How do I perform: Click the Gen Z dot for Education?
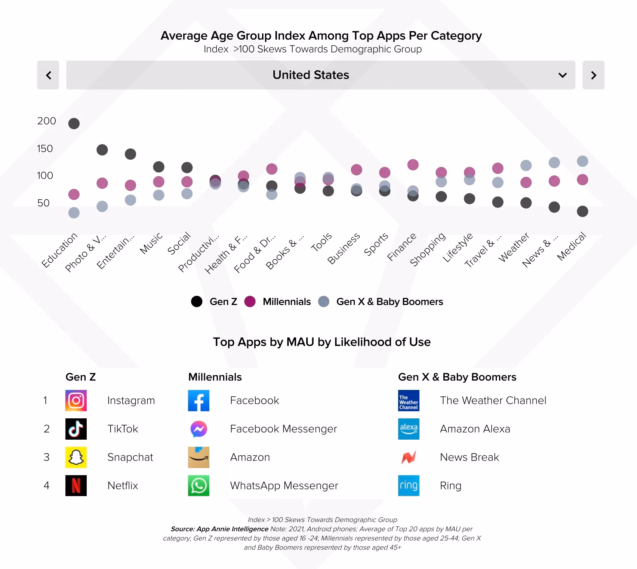pos(74,123)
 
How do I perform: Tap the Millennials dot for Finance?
pos(413,164)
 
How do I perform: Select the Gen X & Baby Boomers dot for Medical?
pos(582,161)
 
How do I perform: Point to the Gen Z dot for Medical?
pos(582,211)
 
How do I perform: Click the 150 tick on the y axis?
pos(45,148)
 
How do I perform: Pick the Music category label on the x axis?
pos(151,243)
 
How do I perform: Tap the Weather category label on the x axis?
pos(514,247)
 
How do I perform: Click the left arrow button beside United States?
pos(48,75)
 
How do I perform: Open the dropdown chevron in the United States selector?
pos(562,75)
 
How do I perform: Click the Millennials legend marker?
pos(250,302)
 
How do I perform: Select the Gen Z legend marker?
pos(197,302)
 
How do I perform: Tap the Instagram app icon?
pos(76,400)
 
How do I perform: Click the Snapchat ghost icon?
pos(76,457)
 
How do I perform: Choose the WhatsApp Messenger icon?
pos(199,486)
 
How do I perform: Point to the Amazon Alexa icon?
pos(409,429)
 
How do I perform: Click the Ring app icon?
pos(409,486)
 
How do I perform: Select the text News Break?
pos(469,457)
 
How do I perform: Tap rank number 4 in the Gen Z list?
pos(46,486)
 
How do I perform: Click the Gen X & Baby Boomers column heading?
pos(457,377)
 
